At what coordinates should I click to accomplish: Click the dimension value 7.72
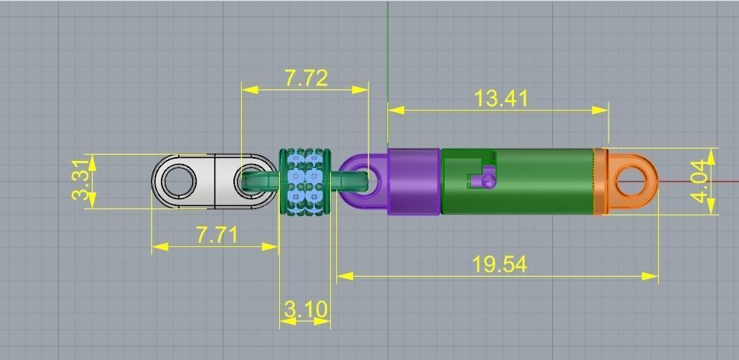click(x=306, y=78)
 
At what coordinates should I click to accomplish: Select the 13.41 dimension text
click(x=500, y=98)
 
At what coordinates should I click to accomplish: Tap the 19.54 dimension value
click(x=499, y=264)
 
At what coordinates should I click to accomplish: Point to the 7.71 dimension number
click(x=217, y=234)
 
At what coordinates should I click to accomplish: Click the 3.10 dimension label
click(x=306, y=310)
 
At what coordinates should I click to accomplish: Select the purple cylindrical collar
click(x=413, y=182)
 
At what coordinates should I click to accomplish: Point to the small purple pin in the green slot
click(x=483, y=181)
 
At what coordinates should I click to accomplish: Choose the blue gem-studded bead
click(x=305, y=182)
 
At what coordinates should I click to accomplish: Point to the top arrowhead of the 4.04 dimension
click(x=711, y=155)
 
